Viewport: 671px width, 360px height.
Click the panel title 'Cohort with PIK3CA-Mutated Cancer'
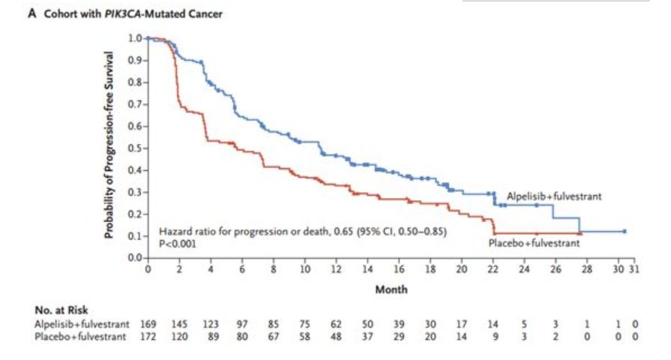pos(132,13)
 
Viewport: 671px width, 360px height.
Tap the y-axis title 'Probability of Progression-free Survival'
pos(109,145)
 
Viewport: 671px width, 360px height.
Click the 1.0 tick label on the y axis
pos(135,37)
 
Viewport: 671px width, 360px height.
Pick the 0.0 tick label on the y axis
pos(135,258)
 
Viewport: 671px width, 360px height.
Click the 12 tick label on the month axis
pos(337,270)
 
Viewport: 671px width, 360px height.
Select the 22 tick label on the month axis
pos(493,270)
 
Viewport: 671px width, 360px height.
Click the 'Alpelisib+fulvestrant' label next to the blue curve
pos(554,196)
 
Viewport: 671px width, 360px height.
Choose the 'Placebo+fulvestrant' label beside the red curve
pos(534,244)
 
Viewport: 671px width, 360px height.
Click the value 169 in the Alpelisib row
pos(148,325)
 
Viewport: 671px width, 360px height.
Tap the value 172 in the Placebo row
pos(148,337)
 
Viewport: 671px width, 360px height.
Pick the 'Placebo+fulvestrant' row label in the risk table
pos(82,337)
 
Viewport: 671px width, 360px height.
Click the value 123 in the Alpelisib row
pos(211,325)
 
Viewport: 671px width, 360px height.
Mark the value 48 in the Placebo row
pos(337,337)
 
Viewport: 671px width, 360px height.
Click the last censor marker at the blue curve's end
pos(625,232)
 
